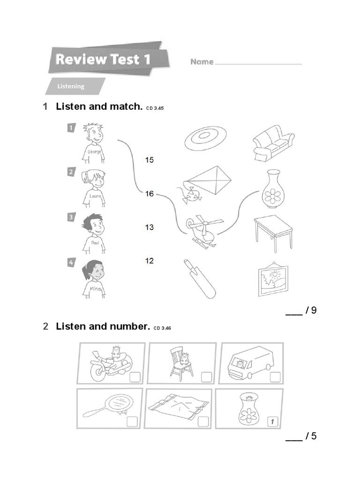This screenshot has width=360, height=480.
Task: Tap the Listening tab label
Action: tap(71, 86)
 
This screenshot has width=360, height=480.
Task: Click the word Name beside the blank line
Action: tap(202, 62)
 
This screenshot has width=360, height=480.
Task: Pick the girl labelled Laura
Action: tap(93, 187)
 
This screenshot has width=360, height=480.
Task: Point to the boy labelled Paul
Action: tap(93, 232)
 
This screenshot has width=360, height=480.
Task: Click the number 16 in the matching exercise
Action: tap(149, 194)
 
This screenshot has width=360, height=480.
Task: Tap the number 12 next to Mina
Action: tap(149, 261)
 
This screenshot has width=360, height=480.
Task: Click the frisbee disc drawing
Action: tap(205, 137)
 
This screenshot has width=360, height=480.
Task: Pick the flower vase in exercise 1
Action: tap(273, 189)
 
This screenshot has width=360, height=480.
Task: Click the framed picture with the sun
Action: tap(273, 280)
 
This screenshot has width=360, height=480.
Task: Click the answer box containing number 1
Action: tap(272, 421)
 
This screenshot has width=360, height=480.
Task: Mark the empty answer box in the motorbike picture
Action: tap(134, 377)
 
